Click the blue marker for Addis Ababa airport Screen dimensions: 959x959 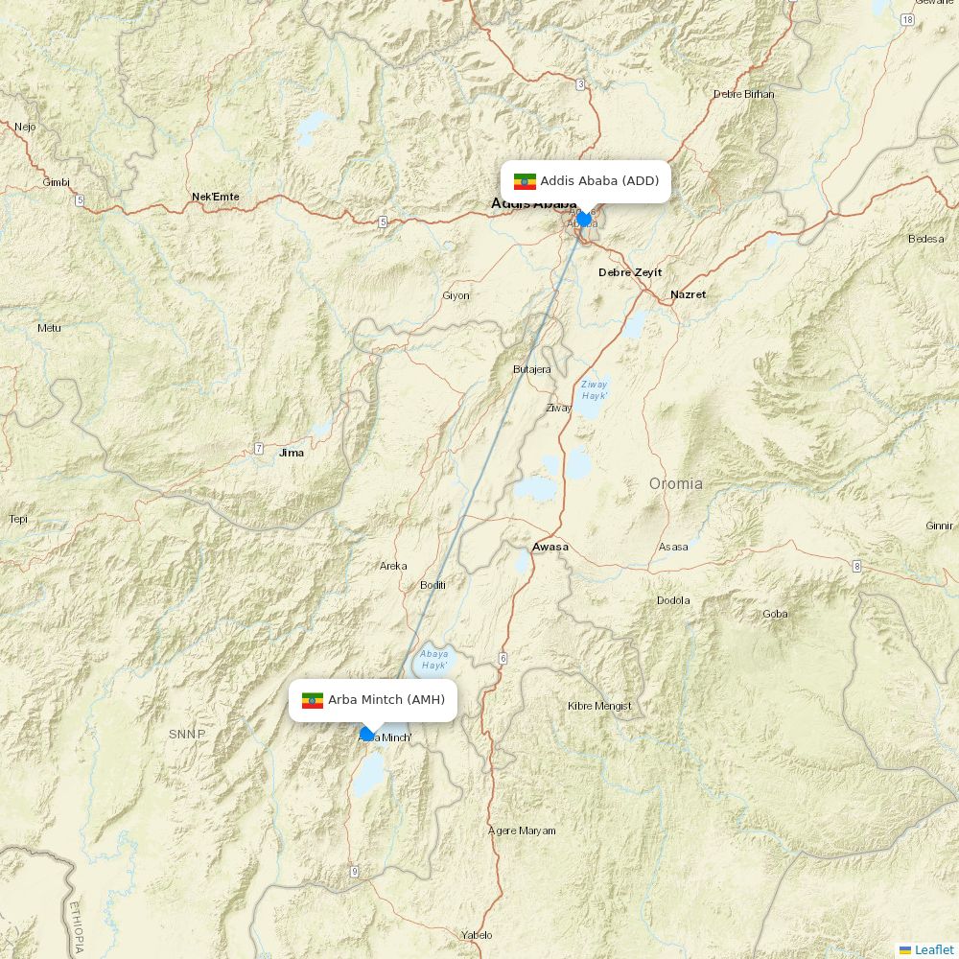(x=584, y=219)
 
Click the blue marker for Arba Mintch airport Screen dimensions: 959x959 (x=366, y=734)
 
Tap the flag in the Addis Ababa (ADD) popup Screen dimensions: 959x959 (x=525, y=181)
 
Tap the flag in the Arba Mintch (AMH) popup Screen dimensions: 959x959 (x=313, y=700)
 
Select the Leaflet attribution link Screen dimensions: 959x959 (x=933, y=949)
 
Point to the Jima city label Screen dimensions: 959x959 (x=291, y=453)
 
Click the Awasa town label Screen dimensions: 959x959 (x=550, y=547)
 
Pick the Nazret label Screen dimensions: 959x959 (x=688, y=294)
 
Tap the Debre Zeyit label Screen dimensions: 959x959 (x=630, y=272)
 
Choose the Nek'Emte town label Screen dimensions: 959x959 (x=216, y=197)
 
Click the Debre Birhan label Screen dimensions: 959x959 (x=743, y=94)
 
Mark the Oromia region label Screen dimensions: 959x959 (x=676, y=483)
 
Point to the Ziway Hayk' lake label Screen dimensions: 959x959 (x=595, y=389)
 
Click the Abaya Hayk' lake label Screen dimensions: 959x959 (x=434, y=659)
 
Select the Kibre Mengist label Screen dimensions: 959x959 (x=599, y=706)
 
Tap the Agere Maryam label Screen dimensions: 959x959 (x=522, y=830)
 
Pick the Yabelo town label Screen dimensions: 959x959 (x=477, y=935)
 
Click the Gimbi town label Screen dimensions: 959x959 (x=57, y=182)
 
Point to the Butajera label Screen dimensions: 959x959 (x=532, y=369)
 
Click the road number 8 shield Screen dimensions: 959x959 (x=856, y=566)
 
